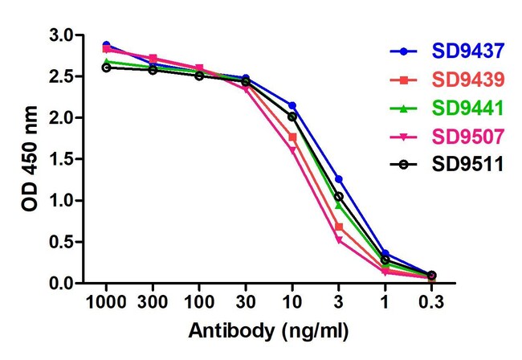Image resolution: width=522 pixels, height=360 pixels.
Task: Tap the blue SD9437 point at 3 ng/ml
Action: [x=339, y=178]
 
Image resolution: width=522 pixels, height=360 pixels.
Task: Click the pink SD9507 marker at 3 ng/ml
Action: [x=339, y=239]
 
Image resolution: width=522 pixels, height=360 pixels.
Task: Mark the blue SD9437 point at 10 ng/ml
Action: [x=292, y=105]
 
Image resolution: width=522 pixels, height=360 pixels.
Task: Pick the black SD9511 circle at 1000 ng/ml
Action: [x=106, y=67]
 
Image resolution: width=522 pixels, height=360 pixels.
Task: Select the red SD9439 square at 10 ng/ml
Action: [x=292, y=137]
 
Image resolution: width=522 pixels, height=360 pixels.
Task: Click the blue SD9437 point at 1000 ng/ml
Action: [x=106, y=45]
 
